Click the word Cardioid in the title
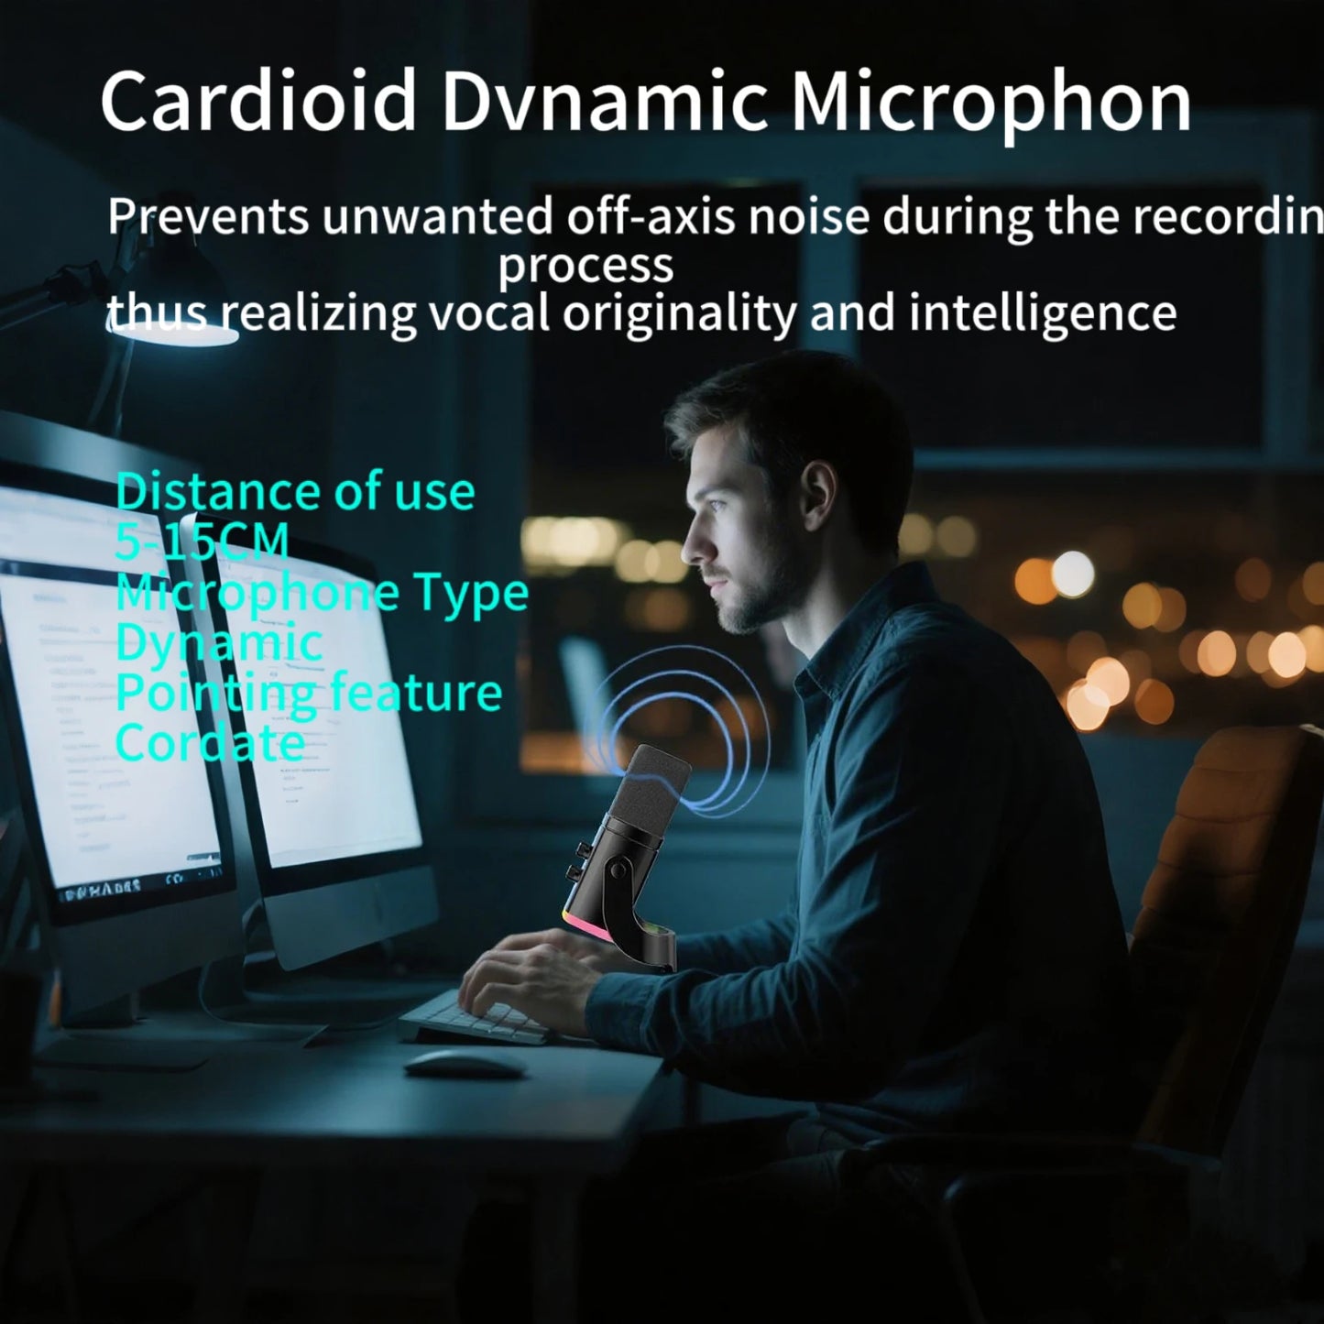coord(258,101)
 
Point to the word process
coord(585,266)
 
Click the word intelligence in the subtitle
coord(1042,312)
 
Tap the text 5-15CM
coord(202,542)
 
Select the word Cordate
coord(210,742)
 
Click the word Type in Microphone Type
coord(471,593)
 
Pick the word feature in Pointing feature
coord(416,692)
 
